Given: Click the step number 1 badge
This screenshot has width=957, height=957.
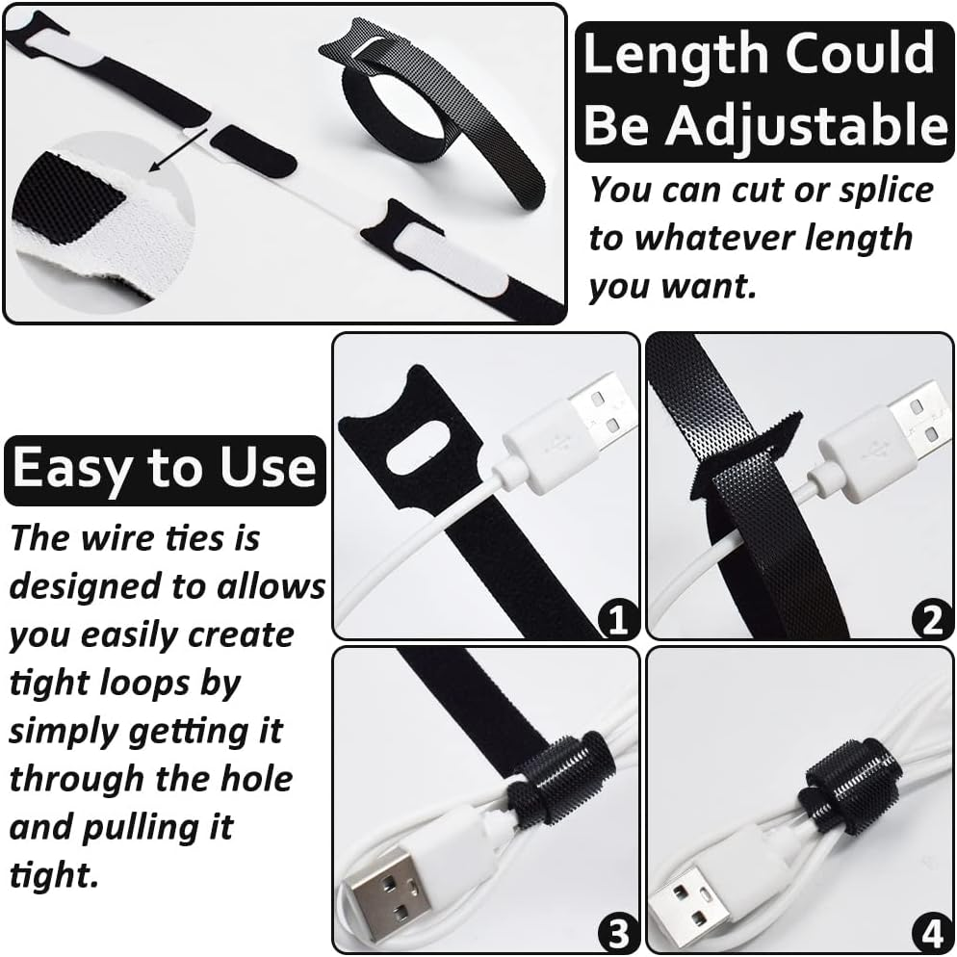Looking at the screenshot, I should click(617, 619).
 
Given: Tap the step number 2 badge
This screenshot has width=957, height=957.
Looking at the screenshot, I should click(931, 619).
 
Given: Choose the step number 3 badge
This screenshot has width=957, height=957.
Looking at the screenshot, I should click(617, 932).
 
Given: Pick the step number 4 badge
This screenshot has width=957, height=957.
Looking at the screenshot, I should click(931, 932).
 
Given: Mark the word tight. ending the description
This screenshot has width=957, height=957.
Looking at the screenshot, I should click(53, 874).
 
